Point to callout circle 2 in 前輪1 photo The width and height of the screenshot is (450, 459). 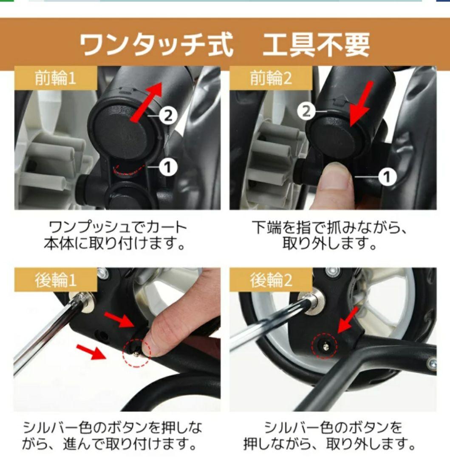coord(168,115)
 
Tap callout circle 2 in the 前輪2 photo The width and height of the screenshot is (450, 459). coord(306,111)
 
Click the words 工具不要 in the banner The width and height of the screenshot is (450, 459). coord(316,44)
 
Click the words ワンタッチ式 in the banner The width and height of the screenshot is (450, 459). coord(156,44)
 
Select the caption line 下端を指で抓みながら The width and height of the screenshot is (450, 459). coord(330,227)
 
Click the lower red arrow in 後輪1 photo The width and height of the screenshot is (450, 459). coord(91,351)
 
